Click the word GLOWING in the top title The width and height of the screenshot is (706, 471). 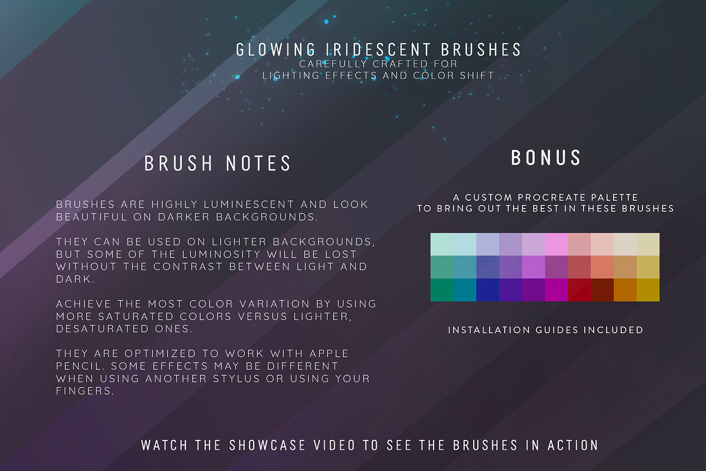(x=275, y=50)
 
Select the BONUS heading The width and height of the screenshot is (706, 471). (x=545, y=157)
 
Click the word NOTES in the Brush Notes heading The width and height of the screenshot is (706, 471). (x=258, y=163)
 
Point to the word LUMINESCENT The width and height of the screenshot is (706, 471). (x=249, y=204)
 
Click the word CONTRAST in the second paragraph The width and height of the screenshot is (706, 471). (x=188, y=267)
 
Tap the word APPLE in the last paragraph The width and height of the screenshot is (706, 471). (x=329, y=353)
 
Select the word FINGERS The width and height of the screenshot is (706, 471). (x=85, y=391)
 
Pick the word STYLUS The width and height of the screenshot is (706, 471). (x=237, y=378)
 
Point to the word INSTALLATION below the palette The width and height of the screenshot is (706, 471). (x=489, y=330)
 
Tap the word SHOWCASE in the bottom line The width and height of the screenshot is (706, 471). (x=267, y=445)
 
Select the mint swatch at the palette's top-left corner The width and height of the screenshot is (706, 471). (x=442, y=244)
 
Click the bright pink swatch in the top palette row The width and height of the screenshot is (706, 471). (x=557, y=244)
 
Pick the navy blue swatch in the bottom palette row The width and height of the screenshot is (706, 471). (x=488, y=290)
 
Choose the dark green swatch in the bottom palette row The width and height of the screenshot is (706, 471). (x=442, y=290)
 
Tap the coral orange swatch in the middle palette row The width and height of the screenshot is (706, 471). (x=602, y=267)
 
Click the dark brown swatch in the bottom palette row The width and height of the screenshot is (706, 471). (x=602, y=290)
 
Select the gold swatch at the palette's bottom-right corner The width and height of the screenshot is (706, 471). (x=648, y=290)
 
